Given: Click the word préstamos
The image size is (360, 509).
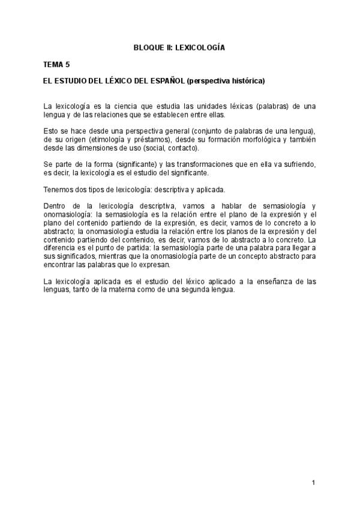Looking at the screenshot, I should [152, 139].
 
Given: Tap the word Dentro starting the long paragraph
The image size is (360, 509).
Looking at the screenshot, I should [57, 206].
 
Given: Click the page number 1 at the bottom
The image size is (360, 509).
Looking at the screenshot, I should [313, 482].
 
